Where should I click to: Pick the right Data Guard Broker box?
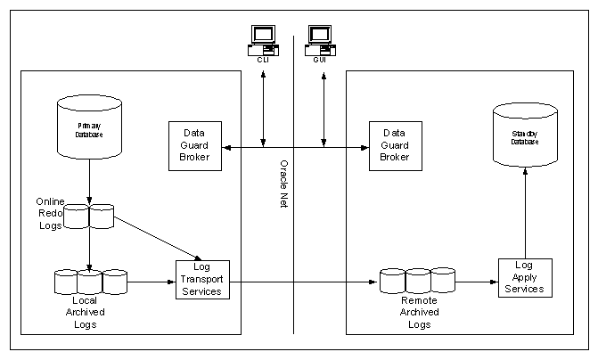pos(394,143)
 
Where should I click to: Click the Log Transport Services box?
pos(201,279)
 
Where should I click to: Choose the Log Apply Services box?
pos(524,277)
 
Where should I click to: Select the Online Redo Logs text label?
pos(50,215)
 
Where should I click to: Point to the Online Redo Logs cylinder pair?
pos(89,217)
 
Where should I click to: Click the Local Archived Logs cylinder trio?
pos(90,282)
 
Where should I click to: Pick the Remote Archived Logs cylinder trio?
pos(418,280)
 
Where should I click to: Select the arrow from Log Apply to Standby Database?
pos(525,214)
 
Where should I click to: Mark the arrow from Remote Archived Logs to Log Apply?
pos(477,279)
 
